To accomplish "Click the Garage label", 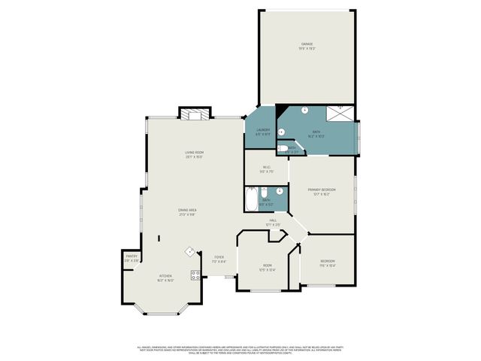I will tap(307, 44).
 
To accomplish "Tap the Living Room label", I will tap(195, 153).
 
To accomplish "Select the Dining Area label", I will tap(187, 209).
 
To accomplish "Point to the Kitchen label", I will tap(165, 275).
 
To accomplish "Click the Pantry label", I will tap(131, 256).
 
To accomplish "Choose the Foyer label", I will tap(219, 257).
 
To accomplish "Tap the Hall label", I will tap(272, 220).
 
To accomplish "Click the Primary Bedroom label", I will tap(321, 190).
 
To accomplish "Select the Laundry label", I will tap(262, 130).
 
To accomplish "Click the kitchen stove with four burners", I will tap(195, 275).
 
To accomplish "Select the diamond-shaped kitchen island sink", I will tap(191, 252).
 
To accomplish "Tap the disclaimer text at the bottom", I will tap(240, 350).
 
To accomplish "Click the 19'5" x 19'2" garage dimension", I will tap(307, 49).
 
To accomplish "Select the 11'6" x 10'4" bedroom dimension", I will tap(328, 265).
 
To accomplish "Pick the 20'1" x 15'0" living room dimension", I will tap(195, 157).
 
